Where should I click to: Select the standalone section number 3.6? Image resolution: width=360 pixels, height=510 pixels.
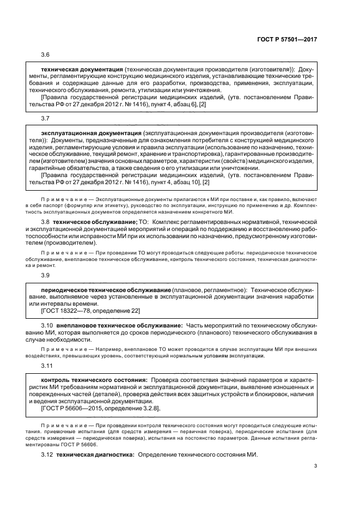(45, 55)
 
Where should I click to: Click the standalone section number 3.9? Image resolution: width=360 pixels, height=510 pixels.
(45, 275)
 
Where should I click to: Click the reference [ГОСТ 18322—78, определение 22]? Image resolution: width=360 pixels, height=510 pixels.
(91, 311)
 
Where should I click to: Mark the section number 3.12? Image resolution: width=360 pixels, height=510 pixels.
(47, 454)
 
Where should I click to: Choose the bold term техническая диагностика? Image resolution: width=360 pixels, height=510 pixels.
(95, 454)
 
